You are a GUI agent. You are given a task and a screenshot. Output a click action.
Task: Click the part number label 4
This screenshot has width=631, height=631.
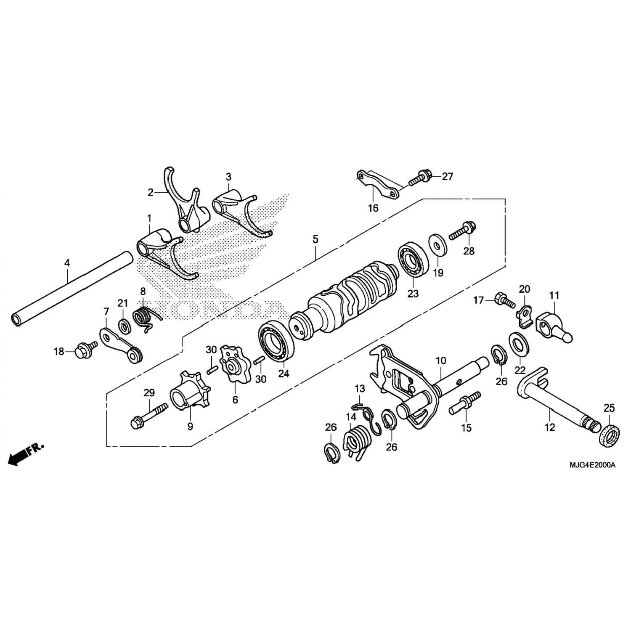click(67, 263)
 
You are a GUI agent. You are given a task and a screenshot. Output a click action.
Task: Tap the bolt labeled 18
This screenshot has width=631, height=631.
click(85, 350)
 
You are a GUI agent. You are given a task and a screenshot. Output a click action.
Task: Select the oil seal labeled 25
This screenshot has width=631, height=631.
click(609, 435)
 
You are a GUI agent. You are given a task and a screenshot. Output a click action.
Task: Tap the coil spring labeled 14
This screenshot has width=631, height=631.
click(356, 443)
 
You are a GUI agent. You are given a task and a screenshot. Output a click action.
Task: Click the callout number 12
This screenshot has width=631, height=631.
click(549, 427)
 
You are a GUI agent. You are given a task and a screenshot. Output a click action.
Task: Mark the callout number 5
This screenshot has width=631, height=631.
click(315, 239)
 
